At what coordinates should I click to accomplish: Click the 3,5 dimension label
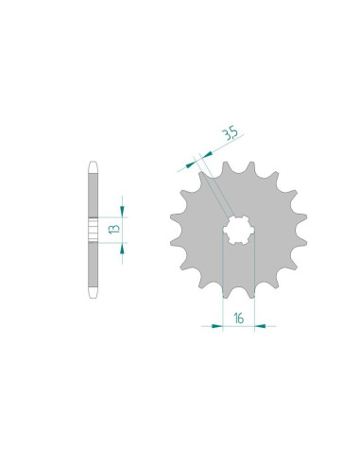pyautogui.click(x=231, y=134)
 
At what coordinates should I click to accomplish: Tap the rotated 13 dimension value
pyautogui.click(x=114, y=229)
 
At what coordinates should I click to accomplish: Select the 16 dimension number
pyautogui.click(x=239, y=319)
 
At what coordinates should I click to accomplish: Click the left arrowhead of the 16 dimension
pyautogui.click(x=217, y=326)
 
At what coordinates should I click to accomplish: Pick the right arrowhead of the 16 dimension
pyautogui.click(x=260, y=326)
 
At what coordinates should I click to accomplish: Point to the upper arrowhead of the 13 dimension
pyautogui.click(x=122, y=212)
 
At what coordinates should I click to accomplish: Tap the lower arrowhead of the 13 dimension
pyautogui.click(x=122, y=249)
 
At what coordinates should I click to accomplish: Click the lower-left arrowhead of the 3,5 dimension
pyautogui.click(x=191, y=164)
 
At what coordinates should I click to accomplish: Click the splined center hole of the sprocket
pyautogui.click(x=238, y=231)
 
